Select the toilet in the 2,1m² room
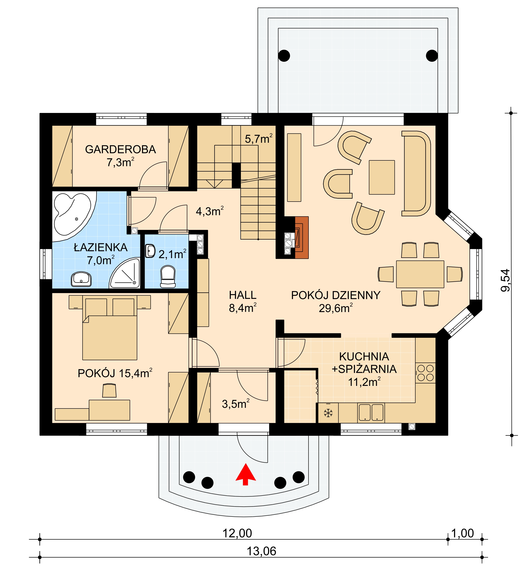click(x=168, y=276)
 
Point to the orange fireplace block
click(x=302, y=238)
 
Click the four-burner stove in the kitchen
click(x=425, y=373)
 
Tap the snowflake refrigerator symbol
click(x=328, y=413)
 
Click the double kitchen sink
click(x=371, y=413)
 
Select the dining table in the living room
click(x=420, y=274)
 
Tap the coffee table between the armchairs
click(x=382, y=177)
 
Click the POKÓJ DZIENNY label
click(x=336, y=295)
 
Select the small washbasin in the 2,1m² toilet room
click(x=150, y=251)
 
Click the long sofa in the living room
click(x=416, y=174)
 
